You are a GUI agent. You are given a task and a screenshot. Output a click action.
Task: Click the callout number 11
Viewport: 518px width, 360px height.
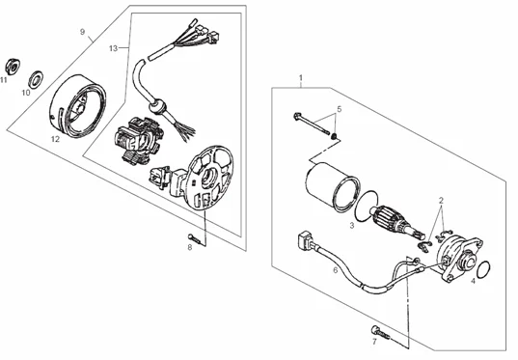pyautogui.click(x=4, y=80)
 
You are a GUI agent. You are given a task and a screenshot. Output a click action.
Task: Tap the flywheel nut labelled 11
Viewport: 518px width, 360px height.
pyautogui.click(x=13, y=67)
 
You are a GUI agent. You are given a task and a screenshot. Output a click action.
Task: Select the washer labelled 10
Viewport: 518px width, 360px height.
pyautogui.click(x=37, y=79)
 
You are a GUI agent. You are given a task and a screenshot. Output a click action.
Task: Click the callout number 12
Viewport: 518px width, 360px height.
pyautogui.click(x=56, y=139)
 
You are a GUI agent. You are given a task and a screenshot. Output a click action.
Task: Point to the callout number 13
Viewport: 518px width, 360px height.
pyautogui.click(x=113, y=48)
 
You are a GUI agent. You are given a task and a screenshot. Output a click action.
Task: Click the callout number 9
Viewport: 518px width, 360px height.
pyautogui.click(x=82, y=32)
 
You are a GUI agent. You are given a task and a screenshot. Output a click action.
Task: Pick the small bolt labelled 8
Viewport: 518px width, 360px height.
pyautogui.click(x=195, y=238)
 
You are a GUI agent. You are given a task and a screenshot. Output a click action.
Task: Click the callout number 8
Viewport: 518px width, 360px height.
pyautogui.click(x=190, y=247)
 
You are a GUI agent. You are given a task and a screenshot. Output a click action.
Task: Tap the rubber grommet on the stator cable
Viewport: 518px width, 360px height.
pyautogui.click(x=156, y=106)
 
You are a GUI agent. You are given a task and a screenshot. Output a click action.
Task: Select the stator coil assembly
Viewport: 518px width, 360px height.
pyautogui.click(x=138, y=141)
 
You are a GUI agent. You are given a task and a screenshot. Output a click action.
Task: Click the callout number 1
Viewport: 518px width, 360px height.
pyautogui.click(x=301, y=78)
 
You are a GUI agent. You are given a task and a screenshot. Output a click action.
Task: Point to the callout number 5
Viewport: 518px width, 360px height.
pyautogui.click(x=339, y=109)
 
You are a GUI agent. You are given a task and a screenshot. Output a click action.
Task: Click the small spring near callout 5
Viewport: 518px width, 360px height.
pyautogui.click(x=335, y=136)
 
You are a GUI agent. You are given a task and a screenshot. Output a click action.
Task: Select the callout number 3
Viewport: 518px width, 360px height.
pyautogui.click(x=352, y=226)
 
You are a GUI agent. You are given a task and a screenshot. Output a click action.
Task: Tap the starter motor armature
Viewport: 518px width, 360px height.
pyautogui.click(x=395, y=223)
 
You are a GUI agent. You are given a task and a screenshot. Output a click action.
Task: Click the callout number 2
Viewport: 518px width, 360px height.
pyautogui.click(x=441, y=201)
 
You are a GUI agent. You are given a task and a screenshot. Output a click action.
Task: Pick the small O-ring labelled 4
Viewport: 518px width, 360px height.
pyautogui.click(x=484, y=269)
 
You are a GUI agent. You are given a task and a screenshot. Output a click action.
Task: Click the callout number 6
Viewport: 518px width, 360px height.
pyautogui.click(x=336, y=270)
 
